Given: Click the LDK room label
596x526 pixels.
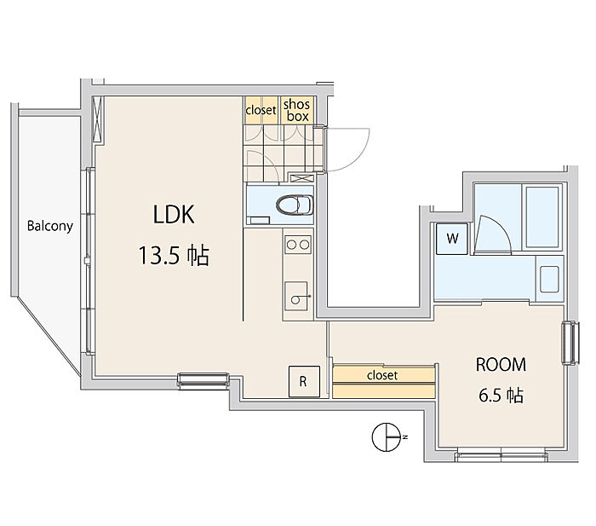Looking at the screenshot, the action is [174, 215].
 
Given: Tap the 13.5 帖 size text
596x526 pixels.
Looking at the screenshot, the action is [174, 255].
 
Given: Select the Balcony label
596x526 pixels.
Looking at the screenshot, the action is [49, 227].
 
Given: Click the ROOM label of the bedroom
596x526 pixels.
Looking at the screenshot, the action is [501, 365].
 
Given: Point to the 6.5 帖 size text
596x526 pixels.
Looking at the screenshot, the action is [500, 396].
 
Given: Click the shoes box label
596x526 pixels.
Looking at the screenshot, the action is [296, 110].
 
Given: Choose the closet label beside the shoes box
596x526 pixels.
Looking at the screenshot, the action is [261, 110].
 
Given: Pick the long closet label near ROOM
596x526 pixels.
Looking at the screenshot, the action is [382, 375].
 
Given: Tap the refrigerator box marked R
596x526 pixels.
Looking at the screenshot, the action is [302, 382].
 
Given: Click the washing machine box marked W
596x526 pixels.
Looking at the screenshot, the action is [452, 239].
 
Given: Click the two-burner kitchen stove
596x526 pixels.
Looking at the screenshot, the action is [297, 246].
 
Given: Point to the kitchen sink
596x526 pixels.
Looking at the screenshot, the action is [297, 294].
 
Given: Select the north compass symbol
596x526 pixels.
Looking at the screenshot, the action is [387, 438].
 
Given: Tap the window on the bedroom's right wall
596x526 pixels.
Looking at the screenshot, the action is [569, 342].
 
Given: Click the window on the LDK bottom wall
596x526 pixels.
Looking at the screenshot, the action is [203, 379].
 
